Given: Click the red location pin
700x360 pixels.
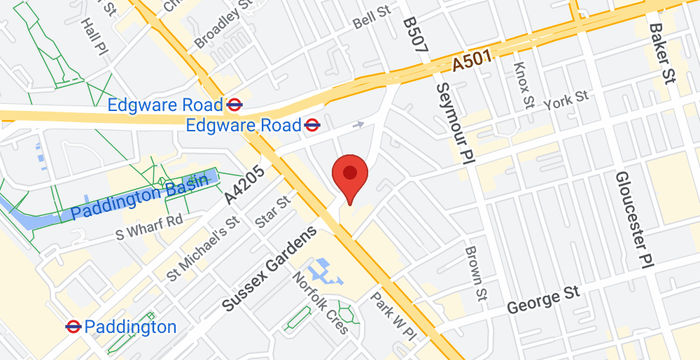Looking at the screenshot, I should coord(349,176).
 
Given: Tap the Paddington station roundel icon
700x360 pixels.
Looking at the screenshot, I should coord(73,326).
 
